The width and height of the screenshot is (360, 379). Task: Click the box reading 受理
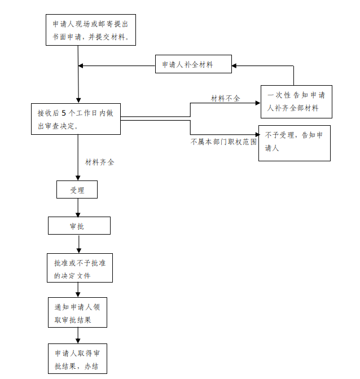(x=77, y=189)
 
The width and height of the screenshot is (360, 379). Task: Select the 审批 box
(x=79, y=226)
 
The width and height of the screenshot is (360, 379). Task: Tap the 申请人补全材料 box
(x=194, y=64)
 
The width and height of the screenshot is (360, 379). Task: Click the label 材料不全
(x=225, y=98)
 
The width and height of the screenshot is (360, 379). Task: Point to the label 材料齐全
(x=99, y=162)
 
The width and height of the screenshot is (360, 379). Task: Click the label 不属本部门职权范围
(x=223, y=142)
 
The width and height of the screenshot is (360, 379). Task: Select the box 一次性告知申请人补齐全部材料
(x=296, y=102)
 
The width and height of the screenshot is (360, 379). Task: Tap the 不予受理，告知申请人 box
(x=295, y=143)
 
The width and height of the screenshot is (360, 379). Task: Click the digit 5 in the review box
(x=64, y=113)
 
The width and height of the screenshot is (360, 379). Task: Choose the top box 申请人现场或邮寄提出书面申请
(x=91, y=30)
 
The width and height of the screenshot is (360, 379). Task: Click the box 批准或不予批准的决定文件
(x=80, y=268)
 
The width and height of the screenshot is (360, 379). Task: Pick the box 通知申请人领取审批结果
(x=77, y=312)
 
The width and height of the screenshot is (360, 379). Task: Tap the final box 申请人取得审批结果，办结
(x=77, y=359)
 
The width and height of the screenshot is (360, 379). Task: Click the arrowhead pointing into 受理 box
(x=78, y=178)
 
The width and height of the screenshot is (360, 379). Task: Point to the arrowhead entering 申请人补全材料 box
(x=234, y=65)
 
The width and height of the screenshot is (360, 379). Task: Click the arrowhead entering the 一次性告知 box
(x=258, y=103)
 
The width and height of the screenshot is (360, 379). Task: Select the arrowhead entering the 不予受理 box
(x=257, y=134)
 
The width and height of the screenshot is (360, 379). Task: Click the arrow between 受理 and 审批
(x=78, y=208)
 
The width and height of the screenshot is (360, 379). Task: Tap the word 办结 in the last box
(x=91, y=367)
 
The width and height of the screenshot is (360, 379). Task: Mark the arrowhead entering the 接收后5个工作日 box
(x=78, y=100)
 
